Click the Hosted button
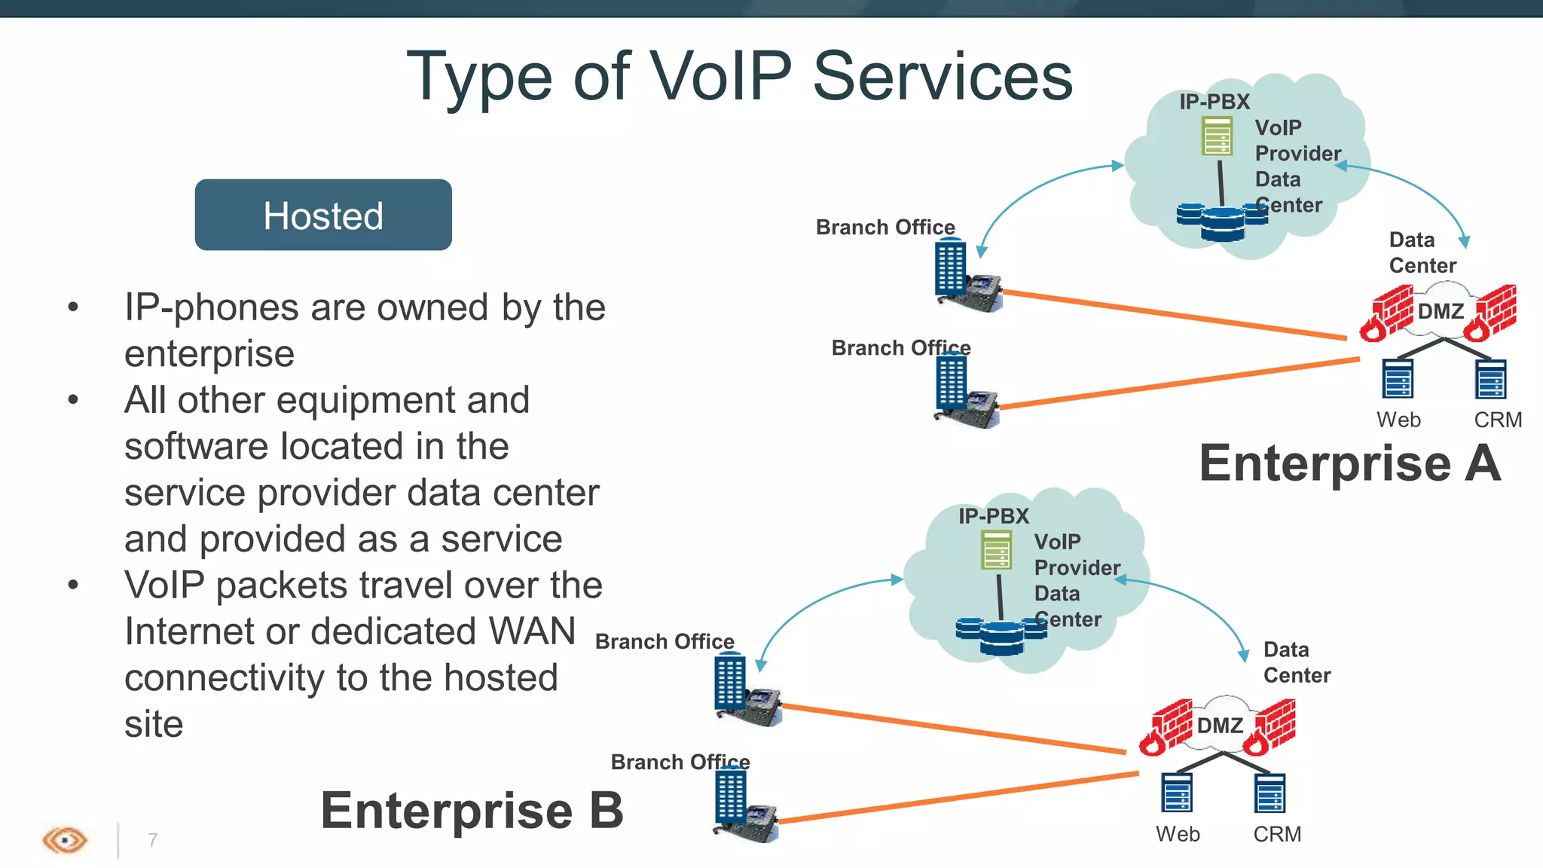323,215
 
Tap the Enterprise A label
1349,463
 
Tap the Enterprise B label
472,811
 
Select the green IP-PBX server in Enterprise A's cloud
1217,136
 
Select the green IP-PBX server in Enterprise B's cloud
996,551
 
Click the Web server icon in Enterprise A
1398,378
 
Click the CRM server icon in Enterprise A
1490,379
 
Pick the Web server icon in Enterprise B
1177,793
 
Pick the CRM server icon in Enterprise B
1270,793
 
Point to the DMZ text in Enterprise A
1441,311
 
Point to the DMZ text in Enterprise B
1220,726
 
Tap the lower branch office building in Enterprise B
730,796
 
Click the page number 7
153,839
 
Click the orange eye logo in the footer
65,839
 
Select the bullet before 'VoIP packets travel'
73,585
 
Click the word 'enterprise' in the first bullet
209,354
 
